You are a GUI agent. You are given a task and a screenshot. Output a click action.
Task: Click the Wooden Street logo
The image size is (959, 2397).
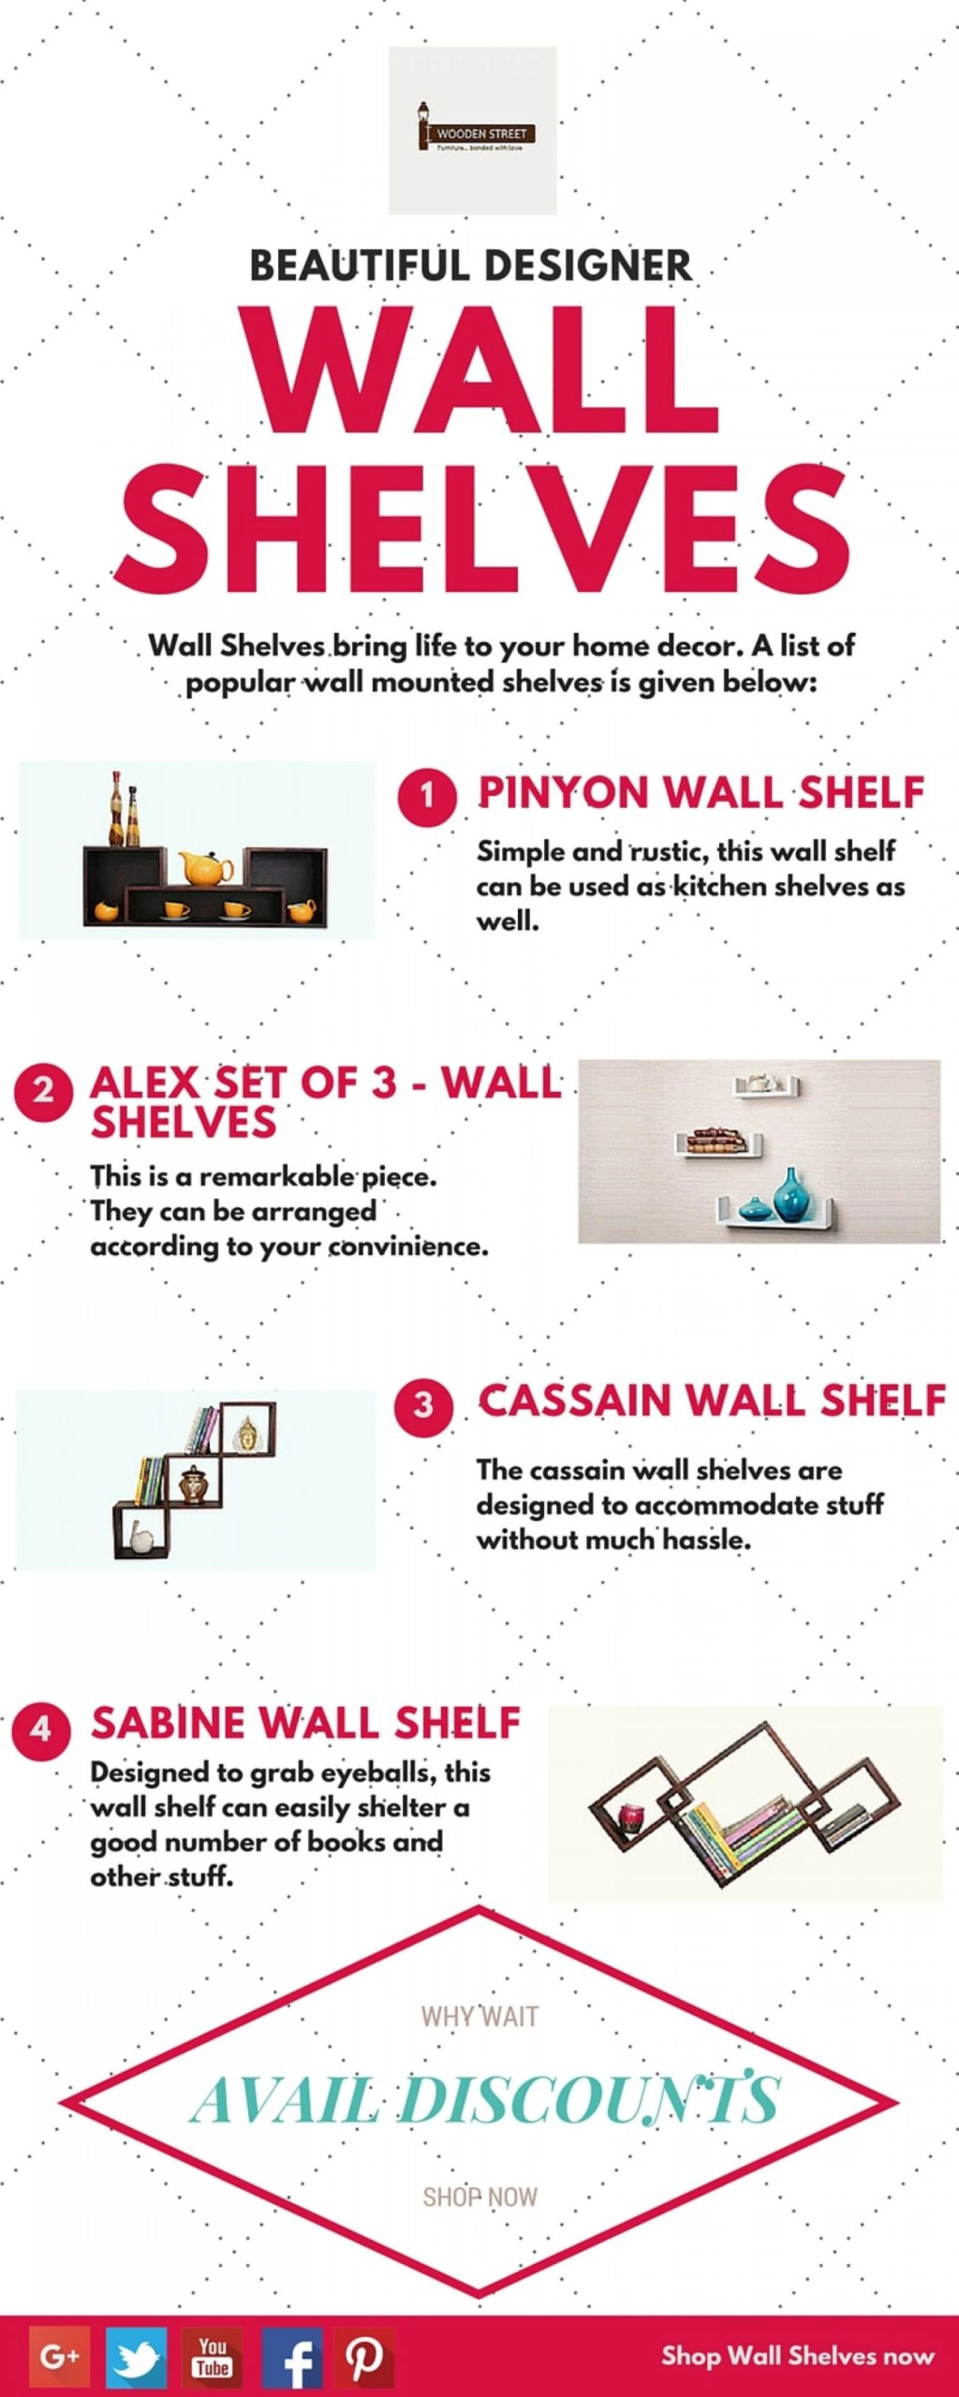coord(473,130)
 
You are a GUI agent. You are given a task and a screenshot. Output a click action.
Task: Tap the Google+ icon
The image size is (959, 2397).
coord(59,2356)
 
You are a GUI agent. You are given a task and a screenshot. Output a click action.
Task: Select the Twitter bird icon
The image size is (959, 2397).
coord(136,2356)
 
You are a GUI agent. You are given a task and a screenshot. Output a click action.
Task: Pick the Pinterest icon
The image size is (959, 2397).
coord(364,2356)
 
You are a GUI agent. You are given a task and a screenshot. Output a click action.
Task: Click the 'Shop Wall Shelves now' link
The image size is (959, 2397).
coord(797,2356)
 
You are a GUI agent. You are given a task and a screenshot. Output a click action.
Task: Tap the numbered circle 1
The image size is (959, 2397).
coord(428,797)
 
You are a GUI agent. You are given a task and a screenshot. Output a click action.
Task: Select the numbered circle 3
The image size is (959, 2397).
coord(424,1404)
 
